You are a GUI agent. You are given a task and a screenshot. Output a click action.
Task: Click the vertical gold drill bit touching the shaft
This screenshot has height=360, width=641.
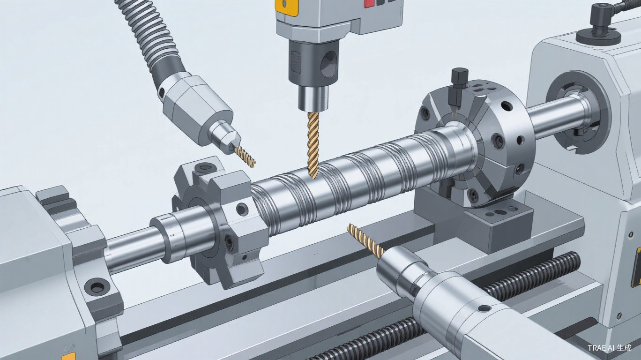click(x=313, y=144)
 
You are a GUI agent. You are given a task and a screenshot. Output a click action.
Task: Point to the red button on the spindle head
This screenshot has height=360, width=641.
click(x=368, y=3)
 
